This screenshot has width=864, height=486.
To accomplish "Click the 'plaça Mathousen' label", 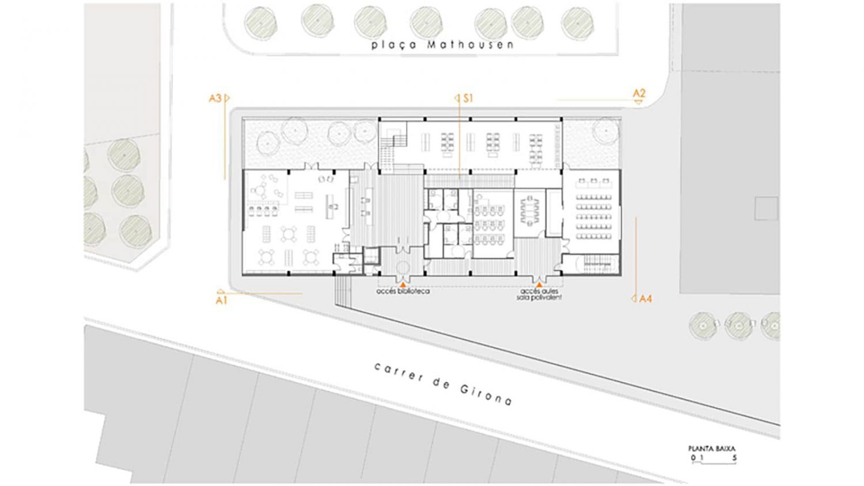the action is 442,45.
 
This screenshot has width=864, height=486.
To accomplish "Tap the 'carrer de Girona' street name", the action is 443,384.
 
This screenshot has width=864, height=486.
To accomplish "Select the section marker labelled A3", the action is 219,98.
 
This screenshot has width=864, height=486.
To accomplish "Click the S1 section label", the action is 464,98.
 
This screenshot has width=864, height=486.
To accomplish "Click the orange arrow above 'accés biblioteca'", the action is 403,284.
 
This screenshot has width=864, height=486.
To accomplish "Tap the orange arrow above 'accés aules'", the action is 539,284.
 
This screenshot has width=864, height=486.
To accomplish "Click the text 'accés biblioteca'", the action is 403,291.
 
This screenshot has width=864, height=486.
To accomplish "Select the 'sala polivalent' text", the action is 539,298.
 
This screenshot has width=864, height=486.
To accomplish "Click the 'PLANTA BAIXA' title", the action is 711,449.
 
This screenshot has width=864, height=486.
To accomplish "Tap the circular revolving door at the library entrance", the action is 403,267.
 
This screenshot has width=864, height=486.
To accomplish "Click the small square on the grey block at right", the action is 766,208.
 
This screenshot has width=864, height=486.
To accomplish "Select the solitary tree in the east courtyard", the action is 606,130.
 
